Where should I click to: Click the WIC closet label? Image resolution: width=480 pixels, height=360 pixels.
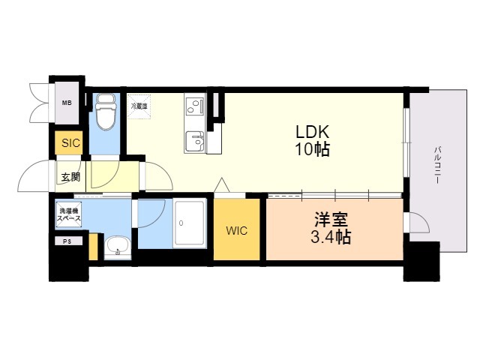tap(237, 230)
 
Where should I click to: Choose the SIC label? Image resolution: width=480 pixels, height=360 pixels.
tap(70, 142)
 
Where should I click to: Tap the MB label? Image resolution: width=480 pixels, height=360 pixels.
tap(67, 103)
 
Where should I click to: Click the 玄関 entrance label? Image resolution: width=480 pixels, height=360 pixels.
tap(71, 178)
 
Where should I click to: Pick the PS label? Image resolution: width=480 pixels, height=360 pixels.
tap(67, 241)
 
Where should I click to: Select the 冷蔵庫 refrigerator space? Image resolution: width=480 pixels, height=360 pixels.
tap(139, 106)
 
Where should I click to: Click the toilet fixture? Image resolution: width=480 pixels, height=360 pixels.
tap(105, 112)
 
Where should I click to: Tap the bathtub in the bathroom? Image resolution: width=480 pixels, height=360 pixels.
tap(191, 223)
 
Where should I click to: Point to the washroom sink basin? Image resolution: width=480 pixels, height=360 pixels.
tap(116, 245)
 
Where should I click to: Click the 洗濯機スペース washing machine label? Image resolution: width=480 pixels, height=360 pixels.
tap(70, 214)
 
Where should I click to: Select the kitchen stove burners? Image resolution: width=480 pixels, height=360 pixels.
tap(195, 105)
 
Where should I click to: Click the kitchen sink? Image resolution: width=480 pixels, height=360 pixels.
tap(195, 140)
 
